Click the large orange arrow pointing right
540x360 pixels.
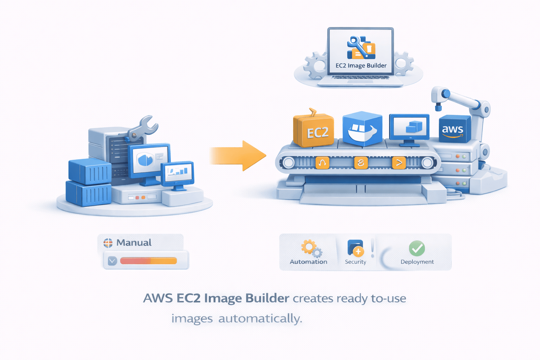239,156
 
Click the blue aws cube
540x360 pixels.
454,129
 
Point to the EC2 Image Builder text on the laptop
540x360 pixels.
361,66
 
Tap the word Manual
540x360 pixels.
134,243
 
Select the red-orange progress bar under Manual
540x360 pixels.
148,261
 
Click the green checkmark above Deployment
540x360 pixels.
417,248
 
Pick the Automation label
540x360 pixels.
308,262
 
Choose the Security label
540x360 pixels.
355,262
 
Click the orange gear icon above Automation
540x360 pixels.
309,247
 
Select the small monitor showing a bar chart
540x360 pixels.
178,172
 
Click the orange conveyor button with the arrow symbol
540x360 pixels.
399,163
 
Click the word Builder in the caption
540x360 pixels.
267,298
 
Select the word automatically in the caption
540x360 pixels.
260,319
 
